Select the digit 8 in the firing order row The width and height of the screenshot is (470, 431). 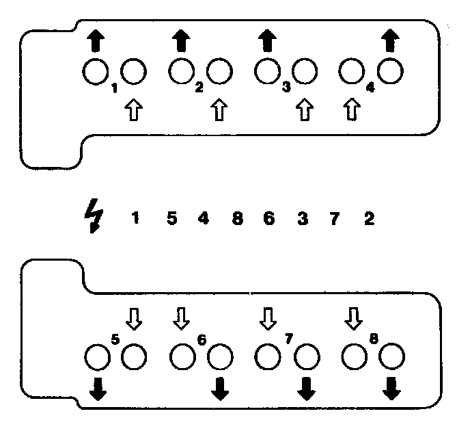pyautogui.click(x=237, y=219)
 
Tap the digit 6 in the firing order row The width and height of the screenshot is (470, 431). pyautogui.click(x=269, y=219)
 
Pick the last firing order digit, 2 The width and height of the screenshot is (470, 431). pyautogui.click(x=369, y=219)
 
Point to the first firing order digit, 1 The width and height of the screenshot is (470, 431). pyautogui.click(x=135, y=219)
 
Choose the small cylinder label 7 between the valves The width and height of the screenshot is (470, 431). pyautogui.click(x=288, y=338)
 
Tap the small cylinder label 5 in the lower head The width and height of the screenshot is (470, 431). pyautogui.click(x=115, y=338)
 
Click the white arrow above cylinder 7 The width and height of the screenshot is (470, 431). pyautogui.click(x=268, y=317)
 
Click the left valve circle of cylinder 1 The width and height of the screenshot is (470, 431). pyautogui.click(x=95, y=71)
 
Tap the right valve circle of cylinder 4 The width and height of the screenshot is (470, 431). pyautogui.click(x=390, y=70)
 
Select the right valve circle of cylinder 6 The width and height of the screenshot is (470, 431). pyautogui.click(x=220, y=356)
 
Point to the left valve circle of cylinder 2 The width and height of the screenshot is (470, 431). pyautogui.click(x=181, y=71)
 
